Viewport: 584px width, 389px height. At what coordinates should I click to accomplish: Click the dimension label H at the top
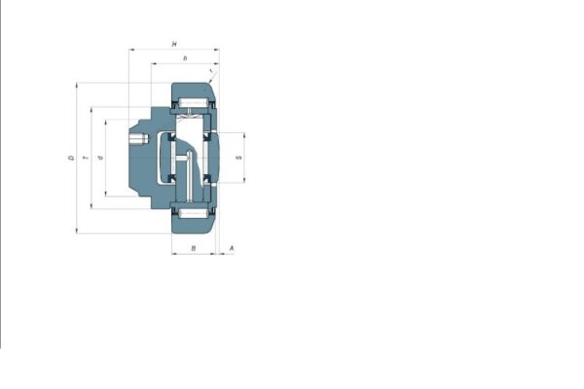[173, 44]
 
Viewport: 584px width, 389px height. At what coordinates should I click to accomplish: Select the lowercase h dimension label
[185, 59]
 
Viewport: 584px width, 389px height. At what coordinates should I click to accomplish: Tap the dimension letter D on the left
[71, 158]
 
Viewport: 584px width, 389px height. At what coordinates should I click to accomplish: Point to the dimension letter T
[86, 158]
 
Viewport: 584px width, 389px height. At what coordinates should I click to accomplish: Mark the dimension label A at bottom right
[230, 250]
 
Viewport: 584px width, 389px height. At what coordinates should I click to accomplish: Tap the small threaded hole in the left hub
[138, 140]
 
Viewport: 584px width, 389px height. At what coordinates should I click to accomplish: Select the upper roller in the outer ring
[194, 103]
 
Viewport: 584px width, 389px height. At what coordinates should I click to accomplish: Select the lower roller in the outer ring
[194, 211]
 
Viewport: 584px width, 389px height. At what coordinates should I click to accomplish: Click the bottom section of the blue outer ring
[194, 225]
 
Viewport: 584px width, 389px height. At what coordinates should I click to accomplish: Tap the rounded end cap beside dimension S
[223, 157]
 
